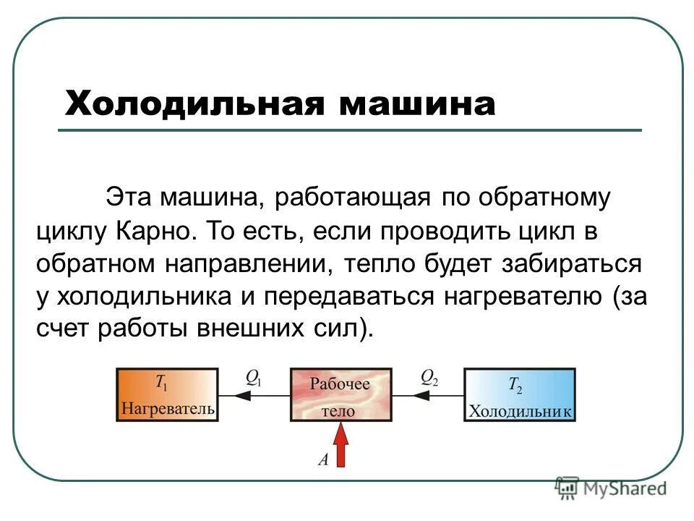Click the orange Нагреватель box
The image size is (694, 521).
pos(168,394)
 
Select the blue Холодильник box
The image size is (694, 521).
pos(520,394)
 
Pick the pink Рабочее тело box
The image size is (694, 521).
pos(340,394)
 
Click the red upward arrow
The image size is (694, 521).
pos(340,444)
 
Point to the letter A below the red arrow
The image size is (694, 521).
pos(322,458)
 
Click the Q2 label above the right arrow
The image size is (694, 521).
pos(429,377)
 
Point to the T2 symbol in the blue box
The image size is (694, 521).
pos(515,386)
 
